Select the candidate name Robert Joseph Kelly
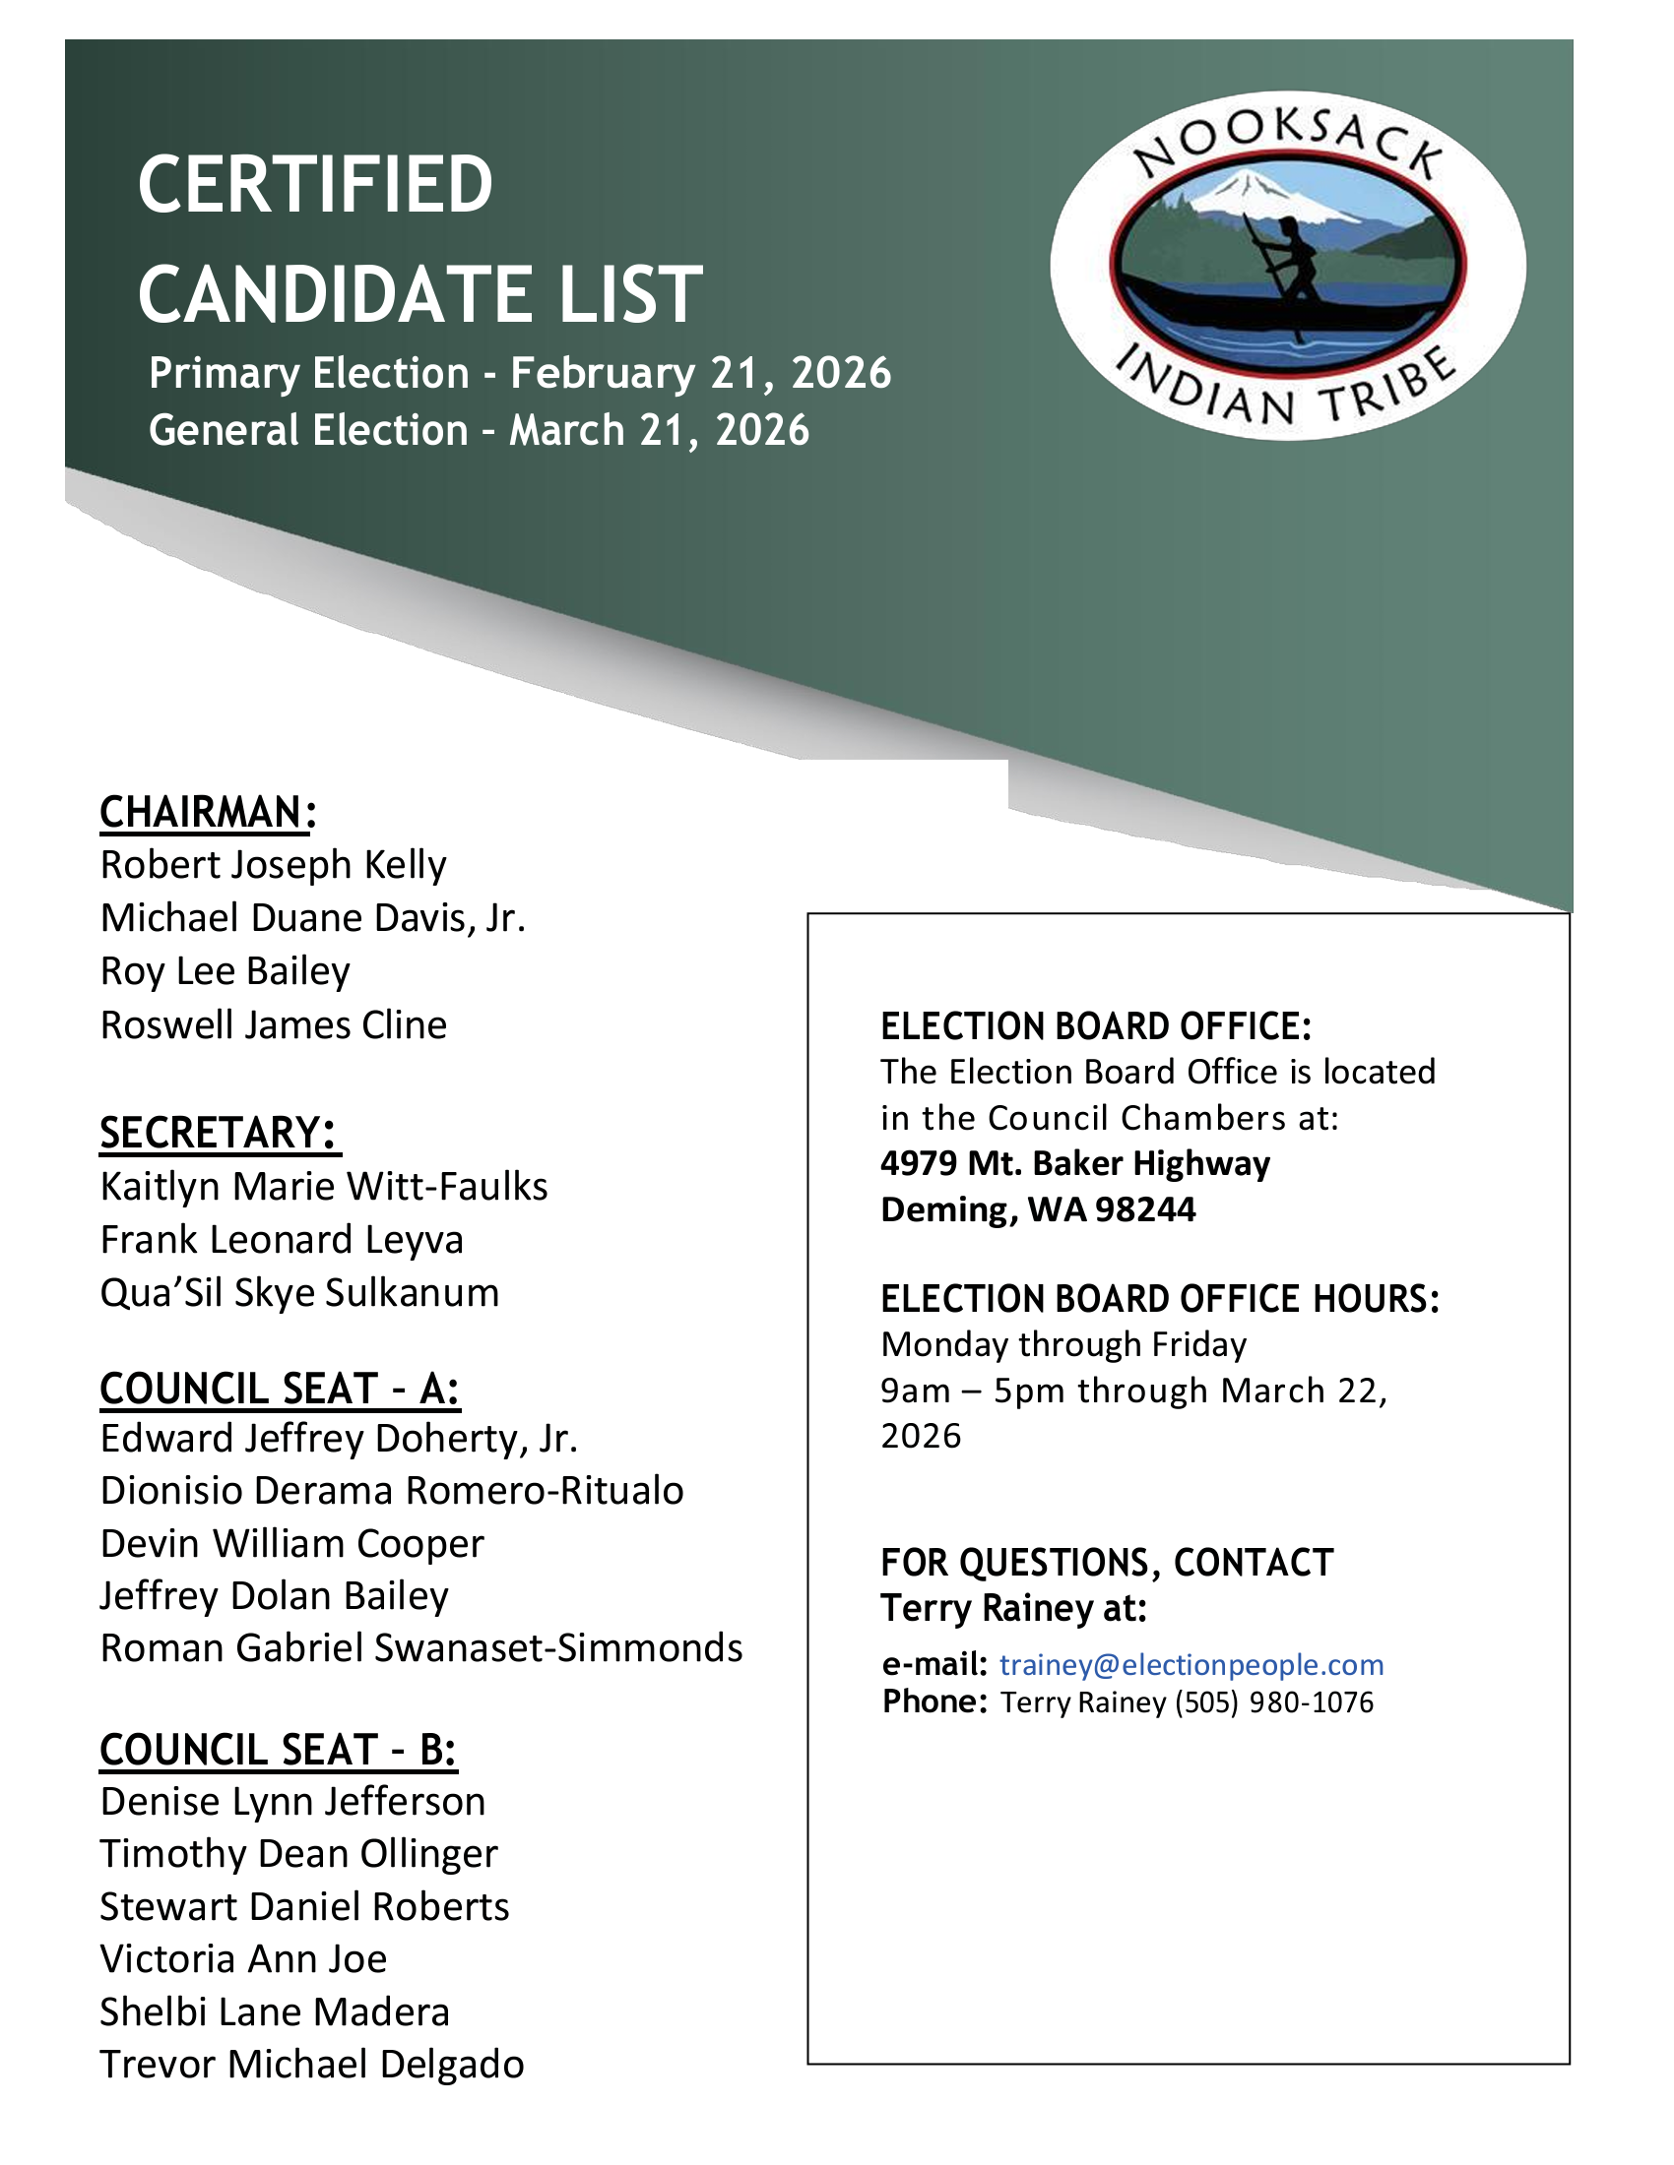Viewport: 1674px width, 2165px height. (273, 865)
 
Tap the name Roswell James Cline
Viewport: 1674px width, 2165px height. (273, 1025)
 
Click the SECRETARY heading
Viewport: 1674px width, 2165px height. (218, 1132)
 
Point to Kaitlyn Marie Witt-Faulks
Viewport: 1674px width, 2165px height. (323, 1187)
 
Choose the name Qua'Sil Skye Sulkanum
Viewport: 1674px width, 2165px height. (299, 1293)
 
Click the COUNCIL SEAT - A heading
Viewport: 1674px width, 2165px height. (280, 1389)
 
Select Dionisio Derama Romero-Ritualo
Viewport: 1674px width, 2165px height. (392, 1491)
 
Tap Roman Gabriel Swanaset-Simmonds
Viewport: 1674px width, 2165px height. (421, 1647)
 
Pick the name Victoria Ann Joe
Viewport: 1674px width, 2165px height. (243, 1958)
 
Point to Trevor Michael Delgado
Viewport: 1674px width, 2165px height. (311, 2064)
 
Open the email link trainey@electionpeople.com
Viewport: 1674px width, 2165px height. (1191, 1665)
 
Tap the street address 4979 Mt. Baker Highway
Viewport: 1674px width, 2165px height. (1075, 1163)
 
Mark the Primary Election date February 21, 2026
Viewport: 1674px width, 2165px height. (700, 374)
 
